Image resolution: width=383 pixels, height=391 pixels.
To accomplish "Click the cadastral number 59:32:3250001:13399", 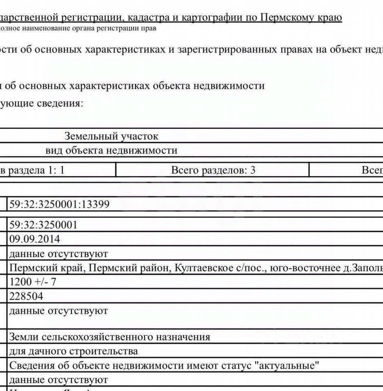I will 60,204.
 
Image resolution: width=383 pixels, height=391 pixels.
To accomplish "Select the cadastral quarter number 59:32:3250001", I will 43,225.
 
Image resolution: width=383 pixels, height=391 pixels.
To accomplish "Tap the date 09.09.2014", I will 35,239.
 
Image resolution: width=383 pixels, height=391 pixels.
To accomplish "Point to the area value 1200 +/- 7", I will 33,282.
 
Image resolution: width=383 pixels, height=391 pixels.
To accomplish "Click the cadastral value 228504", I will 26,296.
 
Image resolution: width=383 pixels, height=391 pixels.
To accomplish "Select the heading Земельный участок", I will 111,136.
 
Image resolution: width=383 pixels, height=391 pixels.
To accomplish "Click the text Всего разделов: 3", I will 213,170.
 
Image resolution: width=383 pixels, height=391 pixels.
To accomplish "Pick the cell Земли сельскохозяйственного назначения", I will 110,337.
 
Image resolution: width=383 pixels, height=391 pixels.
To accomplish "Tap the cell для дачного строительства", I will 73,351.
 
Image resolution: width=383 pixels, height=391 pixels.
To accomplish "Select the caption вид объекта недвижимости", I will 111,150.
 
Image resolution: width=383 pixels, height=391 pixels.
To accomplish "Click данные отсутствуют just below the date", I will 58,254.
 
